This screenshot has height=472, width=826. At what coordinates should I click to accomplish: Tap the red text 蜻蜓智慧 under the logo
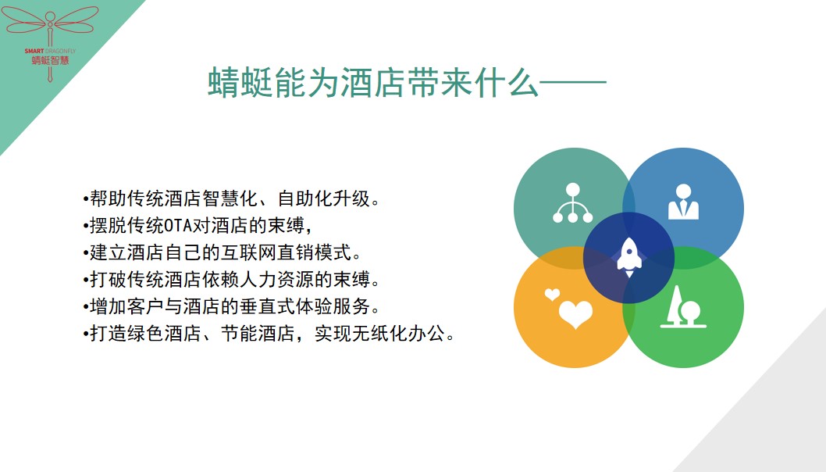[50, 60]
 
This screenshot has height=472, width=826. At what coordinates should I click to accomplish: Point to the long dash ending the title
[573, 83]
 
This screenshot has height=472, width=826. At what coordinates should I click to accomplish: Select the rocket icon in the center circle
[629, 258]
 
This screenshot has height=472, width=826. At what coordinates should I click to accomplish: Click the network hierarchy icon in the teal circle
[572, 203]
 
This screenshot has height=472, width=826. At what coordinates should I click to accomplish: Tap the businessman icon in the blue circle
[683, 202]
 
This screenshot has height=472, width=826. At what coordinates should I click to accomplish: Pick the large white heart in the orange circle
[575, 314]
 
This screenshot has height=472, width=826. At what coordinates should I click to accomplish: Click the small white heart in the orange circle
[552, 295]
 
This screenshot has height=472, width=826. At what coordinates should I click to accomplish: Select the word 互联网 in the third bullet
[248, 252]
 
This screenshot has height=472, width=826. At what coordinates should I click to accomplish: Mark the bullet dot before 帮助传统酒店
[85, 199]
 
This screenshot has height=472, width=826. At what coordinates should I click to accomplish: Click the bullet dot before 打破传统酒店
[85, 280]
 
